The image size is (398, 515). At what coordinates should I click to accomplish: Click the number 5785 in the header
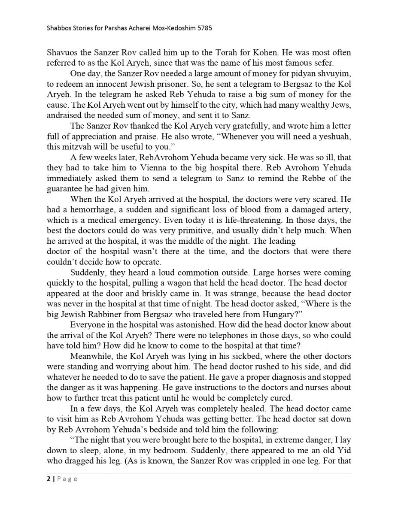click(x=205, y=28)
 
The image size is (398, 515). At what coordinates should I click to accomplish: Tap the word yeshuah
click(x=335, y=136)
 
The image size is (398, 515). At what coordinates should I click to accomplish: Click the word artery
click(x=339, y=210)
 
